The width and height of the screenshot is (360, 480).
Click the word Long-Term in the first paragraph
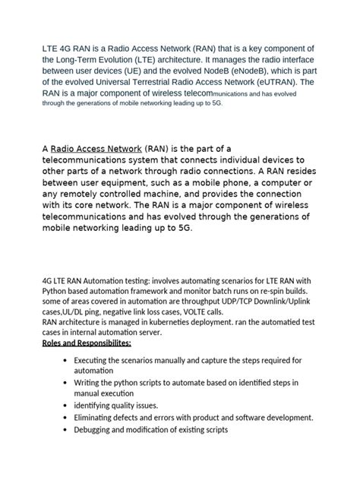pos(86,60)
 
